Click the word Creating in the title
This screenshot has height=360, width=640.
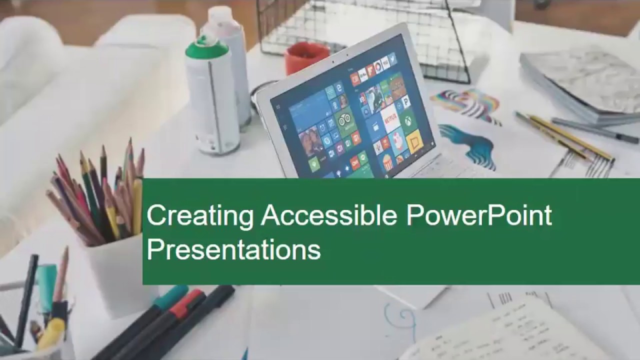[200, 216]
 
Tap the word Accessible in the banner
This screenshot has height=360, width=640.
[328, 215]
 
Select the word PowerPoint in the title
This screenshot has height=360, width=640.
[478, 215]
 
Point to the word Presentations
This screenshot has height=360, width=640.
[233, 249]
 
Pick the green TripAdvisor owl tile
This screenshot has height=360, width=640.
[345, 120]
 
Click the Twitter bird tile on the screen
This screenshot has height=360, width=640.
[392, 59]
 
